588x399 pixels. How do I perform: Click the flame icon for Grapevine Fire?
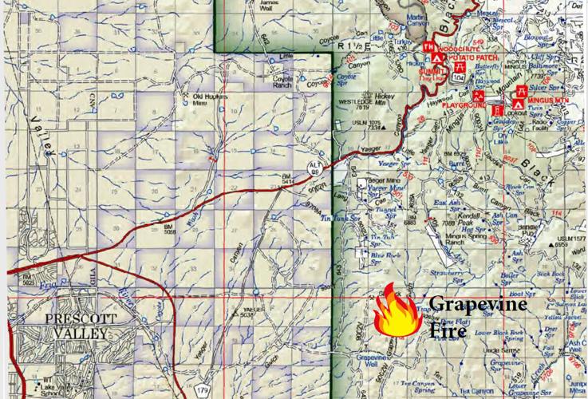399,314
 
